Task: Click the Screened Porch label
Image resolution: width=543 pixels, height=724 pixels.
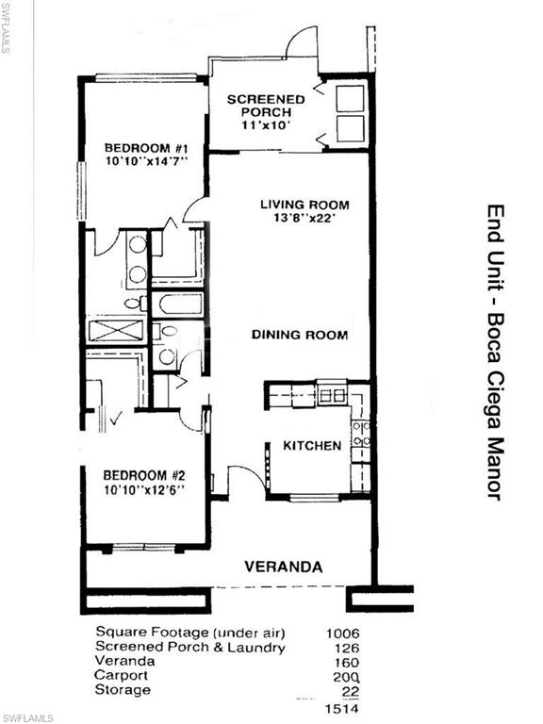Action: pyautogui.click(x=266, y=106)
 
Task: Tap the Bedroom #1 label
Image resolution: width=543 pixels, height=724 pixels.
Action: pyautogui.click(x=146, y=148)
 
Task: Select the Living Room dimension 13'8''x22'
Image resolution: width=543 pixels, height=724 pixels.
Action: pyautogui.click(x=304, y=218)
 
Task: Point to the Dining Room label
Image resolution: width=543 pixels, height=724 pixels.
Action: pyautogui.click(x=300, y=335)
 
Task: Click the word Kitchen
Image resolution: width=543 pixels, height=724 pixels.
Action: pyautogui.click(x=312, y=446)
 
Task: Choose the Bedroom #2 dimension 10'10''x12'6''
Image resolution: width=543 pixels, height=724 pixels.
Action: pyautogui.click(x=144, y=490)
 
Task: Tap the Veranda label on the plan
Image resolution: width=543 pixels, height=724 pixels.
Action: pyautogui.click(x=283, y=567)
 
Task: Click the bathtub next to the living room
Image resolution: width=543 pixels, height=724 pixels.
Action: pyautogui.click(x=178, y=304)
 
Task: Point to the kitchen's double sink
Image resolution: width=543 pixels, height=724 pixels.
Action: pyautogui.click(x=333, y=395)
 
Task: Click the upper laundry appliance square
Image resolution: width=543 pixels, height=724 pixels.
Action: pyautogui.click(x=350, y=98)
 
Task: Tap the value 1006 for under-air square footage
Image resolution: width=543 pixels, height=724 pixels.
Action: pyautogui.click(x=342, y=633)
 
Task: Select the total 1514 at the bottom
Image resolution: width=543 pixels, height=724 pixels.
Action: pyautogui.click(x=342, y=708)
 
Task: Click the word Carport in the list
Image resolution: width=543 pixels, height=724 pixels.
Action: pyautogui.click(x=122, y=676)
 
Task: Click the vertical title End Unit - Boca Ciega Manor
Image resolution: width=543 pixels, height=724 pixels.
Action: pyautogui.click(x=496, y=353)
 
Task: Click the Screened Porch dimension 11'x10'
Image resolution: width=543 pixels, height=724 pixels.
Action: pyautogui.click(x=266, y=124)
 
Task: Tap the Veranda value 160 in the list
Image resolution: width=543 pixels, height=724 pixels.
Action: pyautogui.click(x=346, y=663)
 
